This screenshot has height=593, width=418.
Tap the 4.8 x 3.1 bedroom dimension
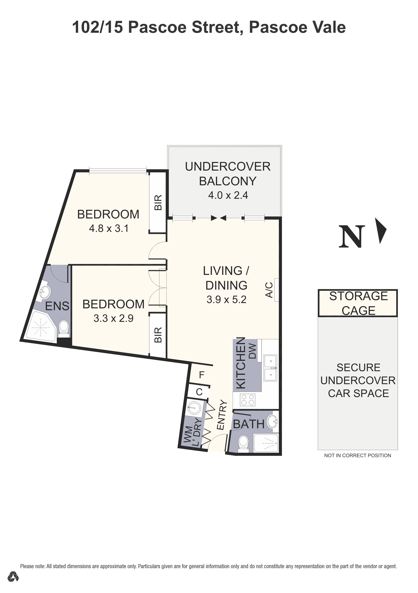(x=108, y=228)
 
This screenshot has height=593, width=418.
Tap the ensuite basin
(x=45, y=293)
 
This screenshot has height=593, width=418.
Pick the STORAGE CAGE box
(x=358, y=303)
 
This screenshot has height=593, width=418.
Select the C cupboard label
(x=199, y=392)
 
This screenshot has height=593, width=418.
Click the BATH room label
(x=248, y=424)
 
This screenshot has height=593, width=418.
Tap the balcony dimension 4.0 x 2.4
(x=228, y=195)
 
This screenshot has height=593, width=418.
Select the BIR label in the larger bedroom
(x=158, y=202)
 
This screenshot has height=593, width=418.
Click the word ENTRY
(x=221, y=415)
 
